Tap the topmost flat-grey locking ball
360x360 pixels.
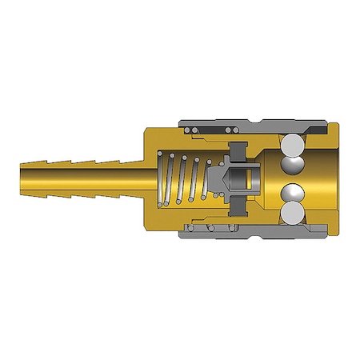[291, 144]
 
